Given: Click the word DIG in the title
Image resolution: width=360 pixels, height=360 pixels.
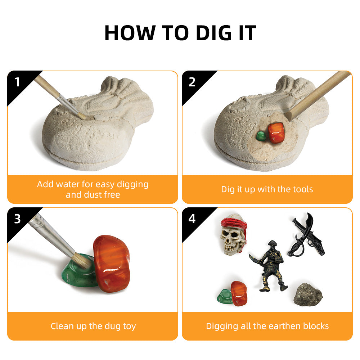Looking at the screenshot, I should pos(213,33).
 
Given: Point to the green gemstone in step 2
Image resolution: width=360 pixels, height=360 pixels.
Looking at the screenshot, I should pos(261,136).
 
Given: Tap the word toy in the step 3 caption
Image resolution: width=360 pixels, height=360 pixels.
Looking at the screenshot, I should pos(129,326).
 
